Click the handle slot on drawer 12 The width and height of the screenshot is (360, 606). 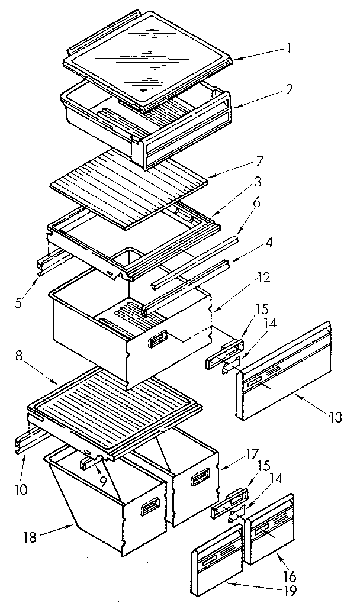point(158,339)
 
